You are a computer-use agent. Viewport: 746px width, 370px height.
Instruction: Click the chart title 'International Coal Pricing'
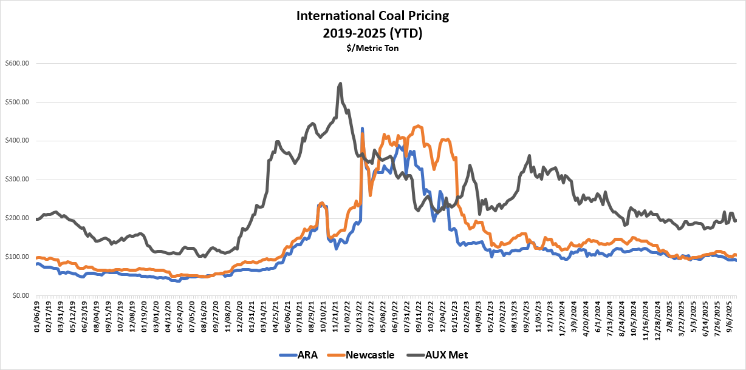[372, 15]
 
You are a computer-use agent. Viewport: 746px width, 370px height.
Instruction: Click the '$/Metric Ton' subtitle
[372, 47]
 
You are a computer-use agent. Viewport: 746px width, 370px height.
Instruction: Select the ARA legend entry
[299, 354]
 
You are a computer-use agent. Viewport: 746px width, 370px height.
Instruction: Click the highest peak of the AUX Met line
[340, 84]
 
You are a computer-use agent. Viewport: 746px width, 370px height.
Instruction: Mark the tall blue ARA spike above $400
[362, 129]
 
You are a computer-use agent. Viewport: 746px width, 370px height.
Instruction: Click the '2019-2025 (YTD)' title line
[372, 32]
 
